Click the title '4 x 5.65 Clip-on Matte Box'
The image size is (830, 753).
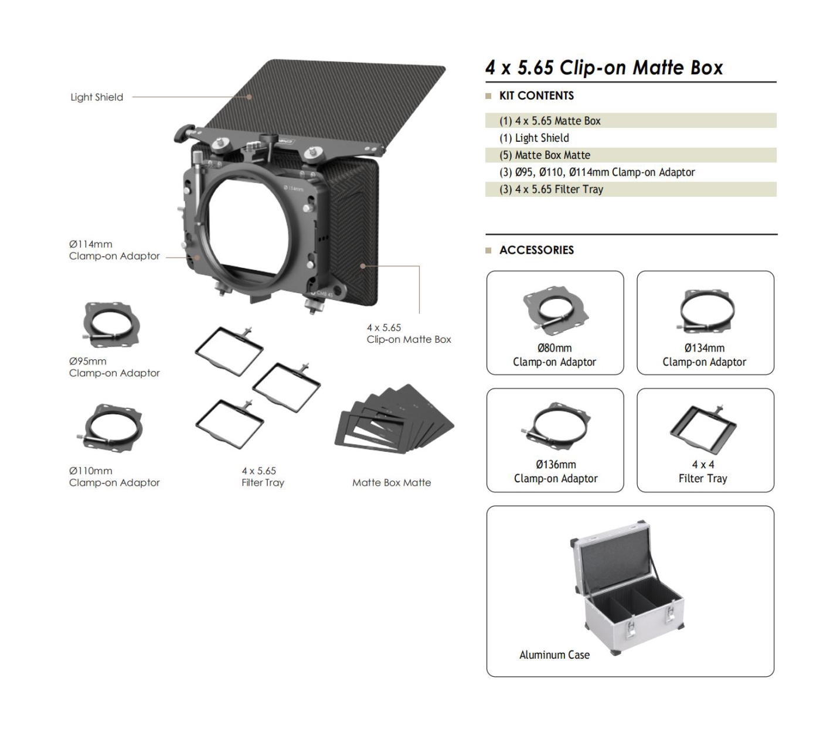[x=604, y=67]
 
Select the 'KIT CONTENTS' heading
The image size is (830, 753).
[x=536, y=96]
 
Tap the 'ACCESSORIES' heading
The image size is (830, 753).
[x=536, y=250]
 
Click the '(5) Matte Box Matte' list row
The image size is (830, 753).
[x=631, y=155]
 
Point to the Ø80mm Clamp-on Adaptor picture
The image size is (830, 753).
[x=555, y=311]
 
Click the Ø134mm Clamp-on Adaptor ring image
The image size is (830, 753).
[x=707, y=311]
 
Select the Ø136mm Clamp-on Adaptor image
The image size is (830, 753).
[x=556, y=428]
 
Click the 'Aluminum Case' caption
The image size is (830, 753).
[x=555, y=655]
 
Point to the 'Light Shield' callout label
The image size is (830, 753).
[x=97, y=97]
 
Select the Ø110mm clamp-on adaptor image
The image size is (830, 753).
[x=110, y=428]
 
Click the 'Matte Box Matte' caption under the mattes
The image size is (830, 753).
[x=392, y=482]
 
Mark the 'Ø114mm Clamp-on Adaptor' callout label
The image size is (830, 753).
[x=114, y=250]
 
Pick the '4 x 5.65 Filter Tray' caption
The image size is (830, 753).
[x=263, y=476]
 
